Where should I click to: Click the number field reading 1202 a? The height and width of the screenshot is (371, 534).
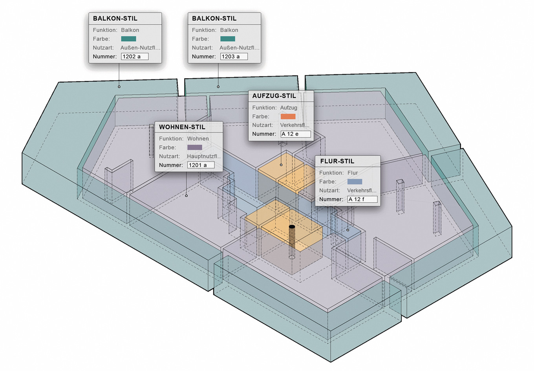coord(135,57)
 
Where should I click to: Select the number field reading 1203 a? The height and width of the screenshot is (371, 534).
coord(234,57)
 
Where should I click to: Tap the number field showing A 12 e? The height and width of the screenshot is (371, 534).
coord(295,134)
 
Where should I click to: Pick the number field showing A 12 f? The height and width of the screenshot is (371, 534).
coord(362,199)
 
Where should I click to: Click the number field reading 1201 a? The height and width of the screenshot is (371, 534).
coord(201,165)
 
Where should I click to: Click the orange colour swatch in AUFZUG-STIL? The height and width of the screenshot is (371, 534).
coord(288,116)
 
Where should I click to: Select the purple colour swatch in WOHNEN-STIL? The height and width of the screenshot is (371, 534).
coord(194,147)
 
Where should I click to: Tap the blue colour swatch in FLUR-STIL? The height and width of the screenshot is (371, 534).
coord(355,182)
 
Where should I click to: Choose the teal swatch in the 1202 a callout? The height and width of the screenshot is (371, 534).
coord(128,39)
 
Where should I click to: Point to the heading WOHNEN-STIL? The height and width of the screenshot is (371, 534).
coord(182,127)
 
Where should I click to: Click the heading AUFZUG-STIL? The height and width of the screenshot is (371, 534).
coord(274,96)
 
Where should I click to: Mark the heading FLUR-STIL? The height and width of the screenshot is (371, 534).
coord(337,161)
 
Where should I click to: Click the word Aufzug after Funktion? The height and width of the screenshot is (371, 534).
coord(289,108)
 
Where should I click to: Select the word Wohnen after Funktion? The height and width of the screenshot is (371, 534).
coord(198,139)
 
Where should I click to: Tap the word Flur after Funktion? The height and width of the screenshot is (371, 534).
coord(353,173)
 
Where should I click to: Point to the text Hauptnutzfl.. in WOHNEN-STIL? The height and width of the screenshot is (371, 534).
coord(204,156)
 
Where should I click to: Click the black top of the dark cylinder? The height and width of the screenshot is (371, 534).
coord(292,227)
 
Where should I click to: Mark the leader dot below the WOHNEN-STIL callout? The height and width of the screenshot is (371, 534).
coord(186,195)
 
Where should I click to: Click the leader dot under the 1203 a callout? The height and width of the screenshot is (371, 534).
coord(218,86)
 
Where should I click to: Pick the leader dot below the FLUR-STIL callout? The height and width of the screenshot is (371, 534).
coord(348,230)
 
